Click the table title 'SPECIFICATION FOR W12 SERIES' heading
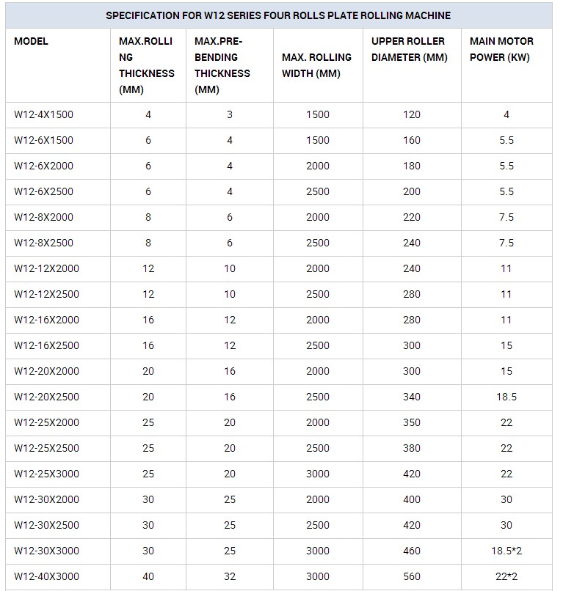click(x=278, y=15)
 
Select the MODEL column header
click(x=31, y=41)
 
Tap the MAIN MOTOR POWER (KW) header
click(x=501, y=49)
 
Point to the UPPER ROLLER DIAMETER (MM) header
click(x=409, y=49)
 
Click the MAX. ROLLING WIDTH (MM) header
click(x=316, y=65)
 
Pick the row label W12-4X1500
click(x=43, y=114)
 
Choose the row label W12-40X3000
click(x=46, y=576)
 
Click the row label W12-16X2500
click(x=46, y=345)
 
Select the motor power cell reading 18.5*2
click(x=506, y=551)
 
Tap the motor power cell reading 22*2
click(x=506, y=576)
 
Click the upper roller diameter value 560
click(x=412, y=576)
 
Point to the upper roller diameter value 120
click(x=412, y=114)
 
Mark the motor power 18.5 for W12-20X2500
click(x=506, y=397)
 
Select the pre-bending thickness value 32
click(x=230, y=576)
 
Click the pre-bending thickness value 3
click(x=230, y=114)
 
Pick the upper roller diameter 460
click(x=412, y=551)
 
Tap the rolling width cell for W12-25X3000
click(x=318, y=474)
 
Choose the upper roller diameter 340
click(x=412, y=397)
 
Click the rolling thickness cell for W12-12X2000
click(x=148, y=268)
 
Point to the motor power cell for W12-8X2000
click(x=506, y=217)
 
